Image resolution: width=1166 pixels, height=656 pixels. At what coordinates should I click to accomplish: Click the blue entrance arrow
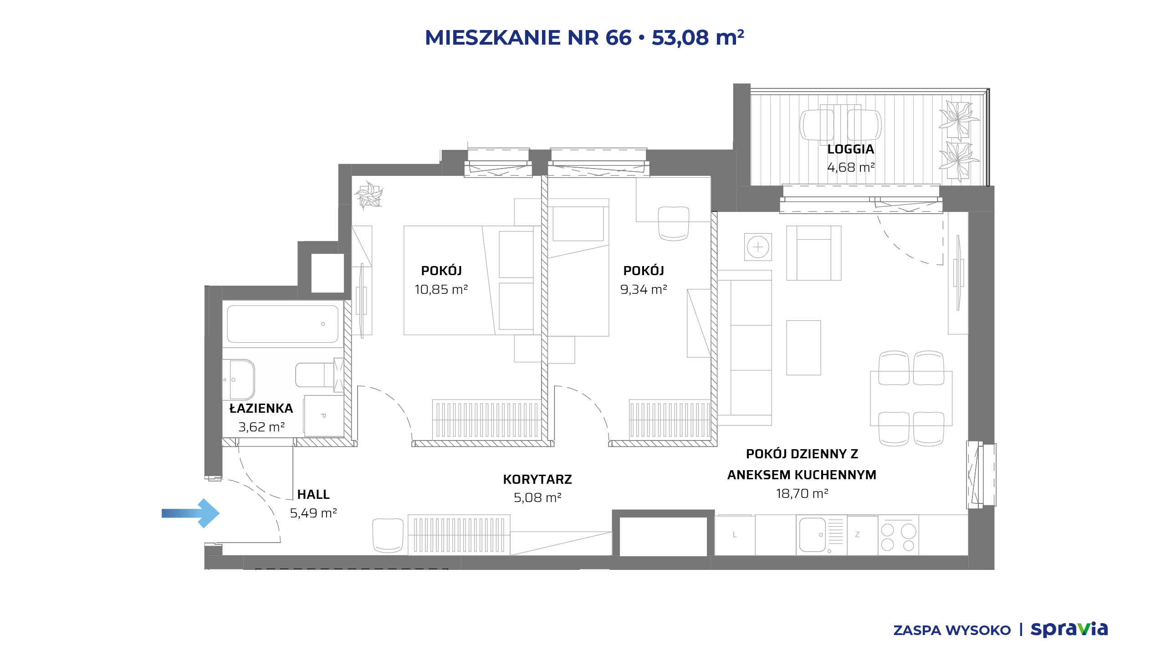point(190,513)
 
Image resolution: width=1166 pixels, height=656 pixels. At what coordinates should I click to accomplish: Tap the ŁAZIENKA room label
point(261,409)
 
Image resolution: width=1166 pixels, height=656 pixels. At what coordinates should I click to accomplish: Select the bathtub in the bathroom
point(282,324)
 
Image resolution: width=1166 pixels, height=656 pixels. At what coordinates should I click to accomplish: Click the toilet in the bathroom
point(319,375)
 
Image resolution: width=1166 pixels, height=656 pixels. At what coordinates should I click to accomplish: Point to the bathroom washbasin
point(239,380)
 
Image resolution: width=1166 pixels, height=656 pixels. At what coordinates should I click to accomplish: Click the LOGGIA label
point(850,149)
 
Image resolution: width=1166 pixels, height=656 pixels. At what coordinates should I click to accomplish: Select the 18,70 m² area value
point(802,493)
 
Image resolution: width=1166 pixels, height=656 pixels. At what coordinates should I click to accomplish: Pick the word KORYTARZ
point(537,479)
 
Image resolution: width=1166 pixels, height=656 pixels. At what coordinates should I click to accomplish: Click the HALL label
point(313,495)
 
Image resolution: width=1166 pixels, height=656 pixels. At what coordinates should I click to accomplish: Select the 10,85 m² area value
point(441,289)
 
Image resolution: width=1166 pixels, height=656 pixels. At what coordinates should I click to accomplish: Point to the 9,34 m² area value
point(644,289)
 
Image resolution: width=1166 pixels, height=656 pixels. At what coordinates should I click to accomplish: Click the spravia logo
point(1069,629)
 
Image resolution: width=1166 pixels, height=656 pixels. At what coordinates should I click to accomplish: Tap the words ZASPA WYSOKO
point(952,630)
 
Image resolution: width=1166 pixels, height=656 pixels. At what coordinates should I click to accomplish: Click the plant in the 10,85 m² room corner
point(369,195)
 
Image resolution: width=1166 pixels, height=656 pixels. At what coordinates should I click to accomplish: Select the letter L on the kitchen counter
point(735,535)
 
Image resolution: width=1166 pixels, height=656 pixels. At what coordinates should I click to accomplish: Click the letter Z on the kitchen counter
point(857,535)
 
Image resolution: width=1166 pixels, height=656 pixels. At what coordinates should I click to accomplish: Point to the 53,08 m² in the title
point(698,37)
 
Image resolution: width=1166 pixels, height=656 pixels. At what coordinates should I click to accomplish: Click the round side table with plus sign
point(758,247)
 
